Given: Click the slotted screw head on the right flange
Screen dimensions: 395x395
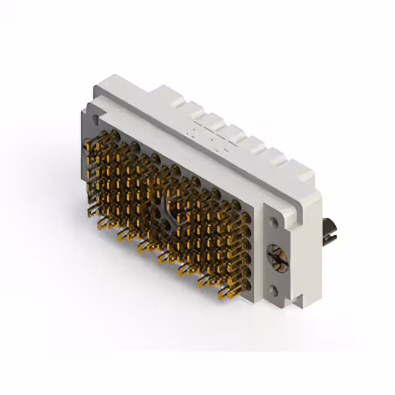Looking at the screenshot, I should (x=276, y=255).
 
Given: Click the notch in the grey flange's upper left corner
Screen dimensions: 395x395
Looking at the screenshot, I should (x=85, y=110).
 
